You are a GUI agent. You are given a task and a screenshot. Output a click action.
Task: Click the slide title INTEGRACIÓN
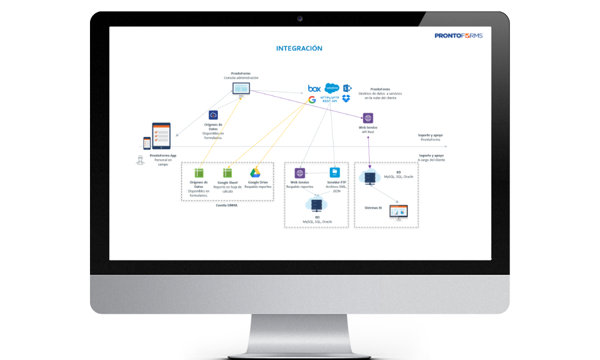tap(299, 48)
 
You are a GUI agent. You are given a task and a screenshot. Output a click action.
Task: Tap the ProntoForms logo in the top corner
tap(458, 36)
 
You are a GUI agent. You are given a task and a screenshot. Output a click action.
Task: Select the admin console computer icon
tap(241, 89)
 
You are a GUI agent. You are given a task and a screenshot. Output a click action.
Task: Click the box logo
tap(314, 88)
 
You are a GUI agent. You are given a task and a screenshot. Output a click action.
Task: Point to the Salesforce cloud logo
tap(332, 88)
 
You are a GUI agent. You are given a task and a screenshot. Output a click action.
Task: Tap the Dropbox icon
tap(346, 98)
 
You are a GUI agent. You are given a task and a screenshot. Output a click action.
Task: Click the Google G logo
tap(312, 100)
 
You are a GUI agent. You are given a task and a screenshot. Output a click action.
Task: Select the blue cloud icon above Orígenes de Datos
tap(213, 115)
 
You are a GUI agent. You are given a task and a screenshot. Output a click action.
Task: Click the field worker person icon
tap(140, 160)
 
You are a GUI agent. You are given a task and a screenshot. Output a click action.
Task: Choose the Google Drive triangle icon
tap(254, 172)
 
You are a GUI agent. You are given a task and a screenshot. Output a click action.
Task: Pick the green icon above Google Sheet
tap(227, 172)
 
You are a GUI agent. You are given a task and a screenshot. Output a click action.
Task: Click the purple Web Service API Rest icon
tap(368, 118)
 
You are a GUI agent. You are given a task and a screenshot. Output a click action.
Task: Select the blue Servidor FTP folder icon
tap(335, 172)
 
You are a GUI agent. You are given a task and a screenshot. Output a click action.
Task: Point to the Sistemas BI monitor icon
tap(398, 211)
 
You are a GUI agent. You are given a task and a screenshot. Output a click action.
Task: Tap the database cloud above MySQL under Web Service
tap(316, 205)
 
